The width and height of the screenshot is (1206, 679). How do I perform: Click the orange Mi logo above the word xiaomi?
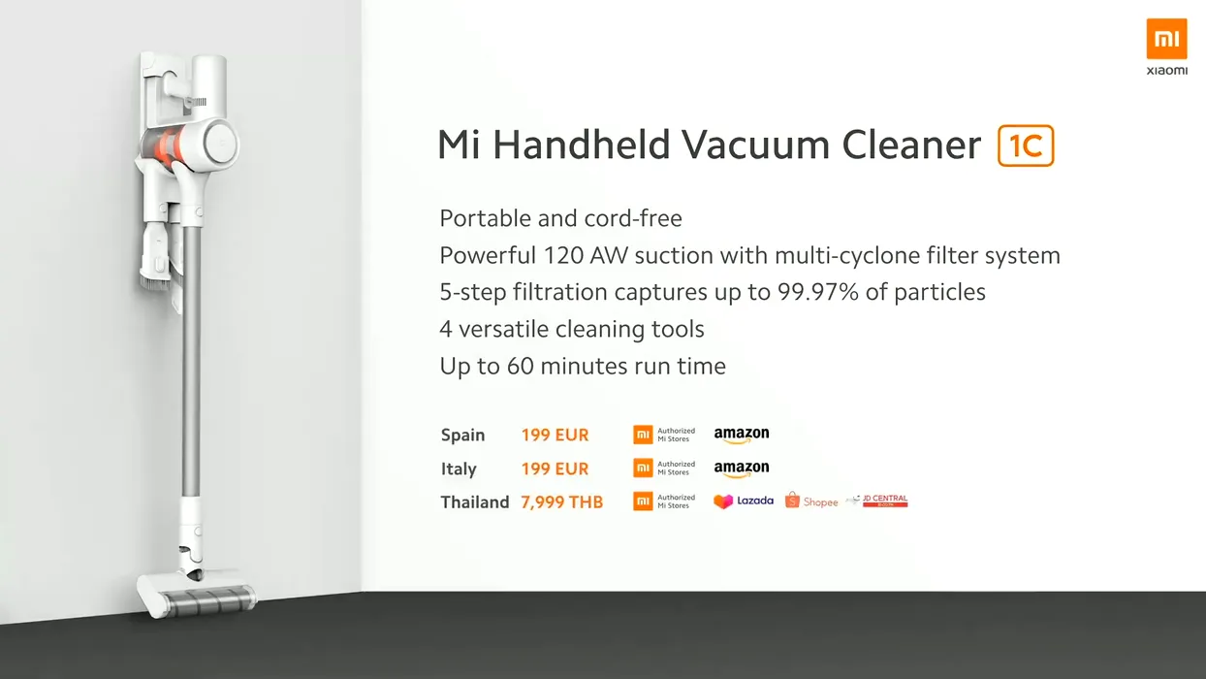coord(1166,38)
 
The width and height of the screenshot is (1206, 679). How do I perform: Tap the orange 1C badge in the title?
coord(1026,145)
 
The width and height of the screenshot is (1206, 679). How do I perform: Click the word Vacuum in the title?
coord(755,145)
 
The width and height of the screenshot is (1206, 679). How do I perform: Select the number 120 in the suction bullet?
coord(563,255)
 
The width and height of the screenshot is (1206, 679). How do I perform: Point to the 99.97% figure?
coord(818,292)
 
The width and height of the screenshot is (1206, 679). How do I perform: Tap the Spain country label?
coord(462,435)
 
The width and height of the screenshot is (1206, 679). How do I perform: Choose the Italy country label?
coord(459,469)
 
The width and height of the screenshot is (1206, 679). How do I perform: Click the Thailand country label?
coord(474,502)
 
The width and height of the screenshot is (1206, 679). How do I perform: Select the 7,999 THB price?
coord(561,502)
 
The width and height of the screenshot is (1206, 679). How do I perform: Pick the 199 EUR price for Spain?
coord(555,435)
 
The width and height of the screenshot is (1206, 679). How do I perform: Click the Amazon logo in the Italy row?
coord(742,469)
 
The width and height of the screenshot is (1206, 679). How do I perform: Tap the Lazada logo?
coord(743,501)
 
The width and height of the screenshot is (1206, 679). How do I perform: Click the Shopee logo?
coord(811,501)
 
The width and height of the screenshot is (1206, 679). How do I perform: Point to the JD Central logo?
coord(876,501)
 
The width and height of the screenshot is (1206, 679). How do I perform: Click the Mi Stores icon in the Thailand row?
coord(643,501)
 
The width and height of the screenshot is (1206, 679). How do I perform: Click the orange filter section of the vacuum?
coord(167,145)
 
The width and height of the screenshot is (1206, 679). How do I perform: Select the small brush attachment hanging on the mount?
coord(156,256)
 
